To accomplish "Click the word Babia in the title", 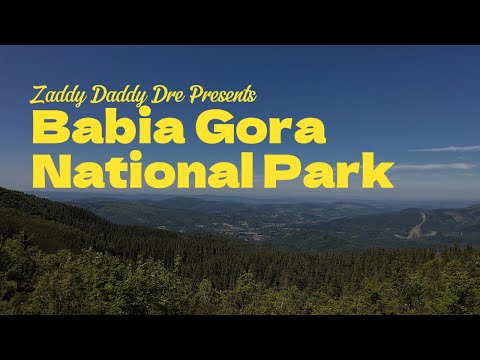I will pos(98,130).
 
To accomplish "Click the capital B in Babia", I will pos(48,130).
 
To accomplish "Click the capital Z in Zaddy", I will pos(39,97).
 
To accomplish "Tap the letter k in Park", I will pos(379,171).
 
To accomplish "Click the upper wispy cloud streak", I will pos(445,148).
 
